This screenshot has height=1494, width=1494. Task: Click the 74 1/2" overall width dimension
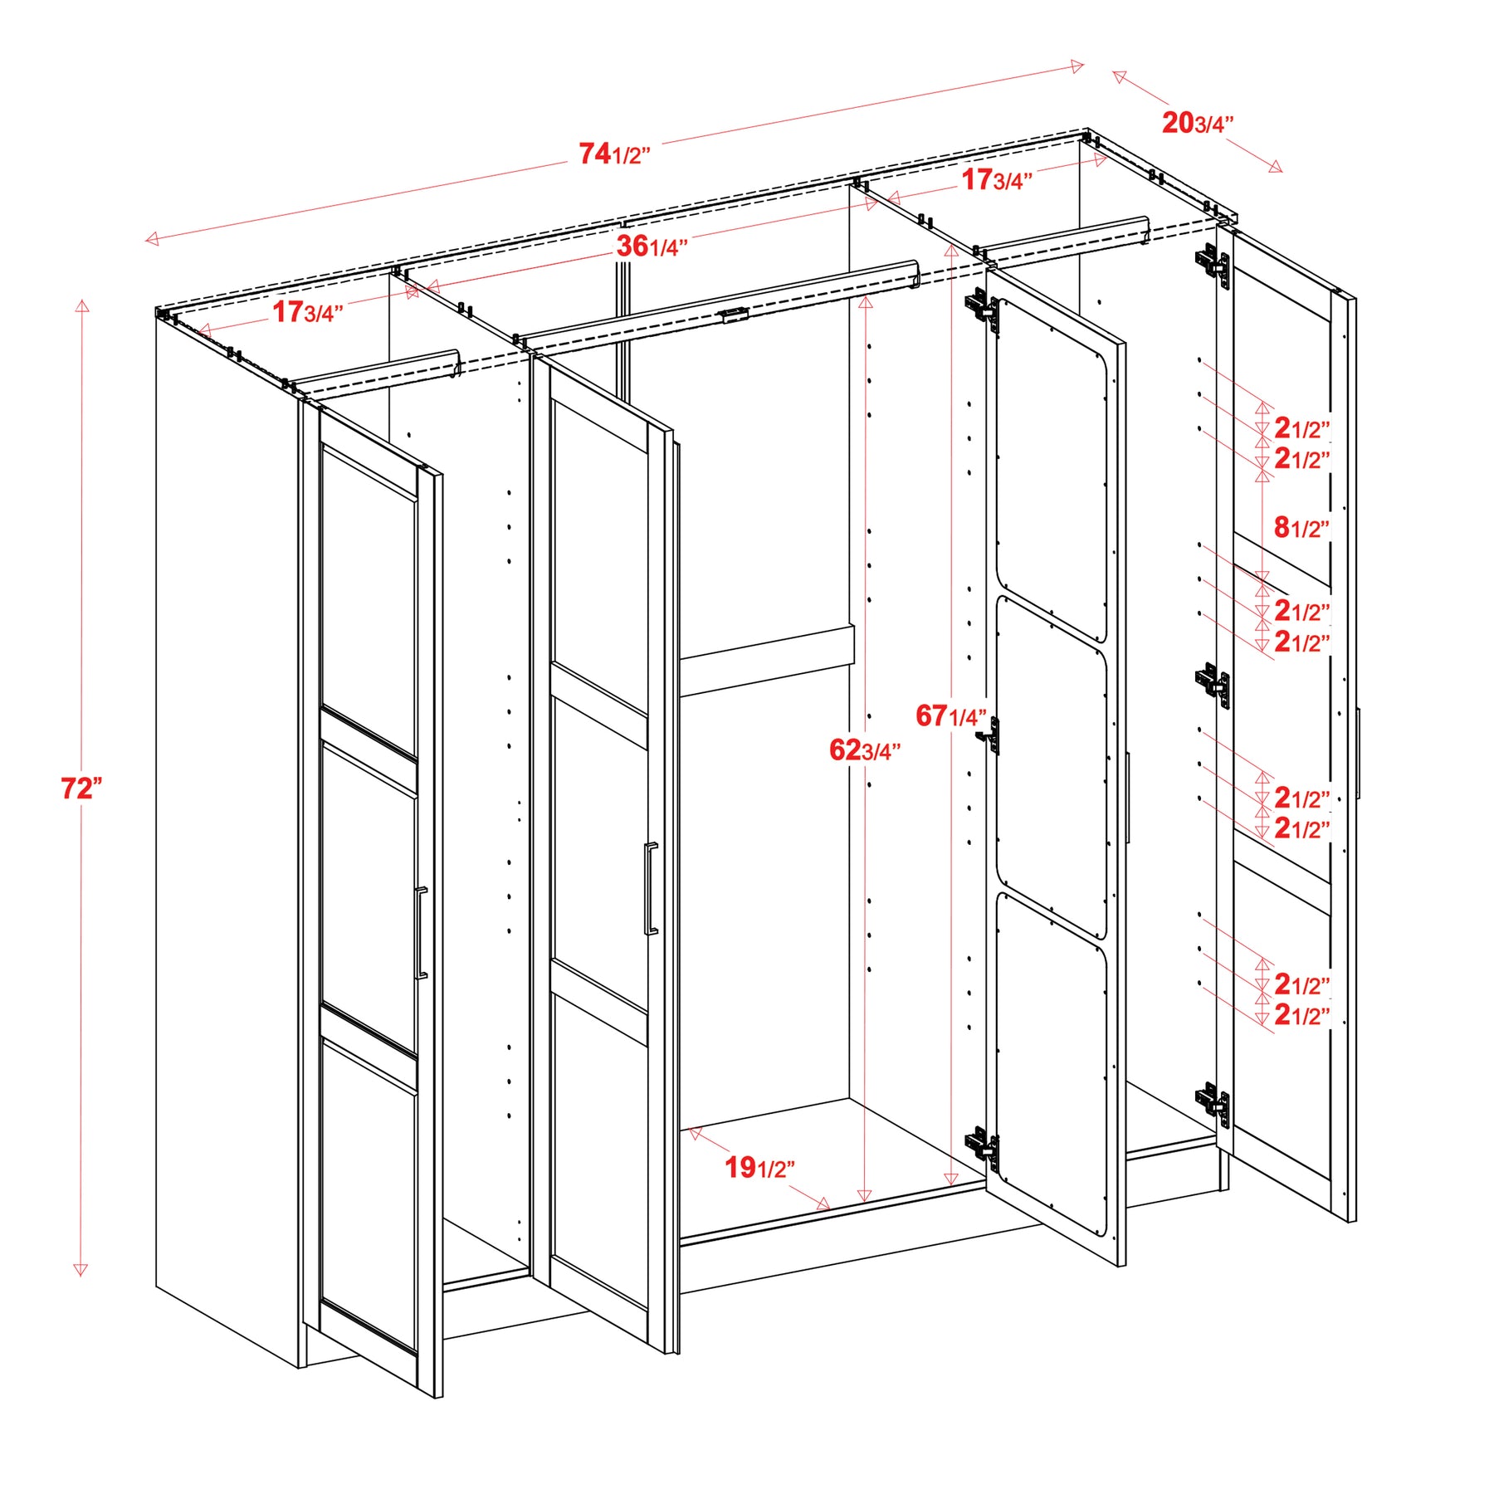pyautogui.click(x=614, y=154)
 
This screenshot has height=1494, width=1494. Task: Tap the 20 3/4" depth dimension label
pyautogui.click(x=1198, y=123)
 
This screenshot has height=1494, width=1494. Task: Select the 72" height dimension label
pyautogui.click(x=81, y=788)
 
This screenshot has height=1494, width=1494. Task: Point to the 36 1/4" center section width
pyautogui.click(x=652, y=247)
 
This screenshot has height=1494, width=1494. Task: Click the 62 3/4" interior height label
pyautogui.click(x=865, y=750)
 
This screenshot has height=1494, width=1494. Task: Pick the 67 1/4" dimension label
pyautogui.click(x=951, y=715)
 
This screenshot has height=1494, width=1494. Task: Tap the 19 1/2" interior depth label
pyautogui.click(x=760, y=1168)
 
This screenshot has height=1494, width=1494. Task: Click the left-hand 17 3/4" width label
pyautogui.click(x=308, y=312)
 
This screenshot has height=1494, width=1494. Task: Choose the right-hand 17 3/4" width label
pyautogui.click(x=997, y=179)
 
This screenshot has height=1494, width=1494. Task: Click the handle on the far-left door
pyautogui.click(x=421, y=933)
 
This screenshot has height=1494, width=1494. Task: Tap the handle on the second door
pyautogui.click(x=651, y=889)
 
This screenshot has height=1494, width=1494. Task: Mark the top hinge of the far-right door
pyautogui.click(x=1213, y=265)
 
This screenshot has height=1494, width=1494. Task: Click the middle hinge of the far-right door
pyautogui.click(x=1213, y=686)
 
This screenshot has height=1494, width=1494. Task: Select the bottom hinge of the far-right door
pyautogui.click(x=1213, y=1105)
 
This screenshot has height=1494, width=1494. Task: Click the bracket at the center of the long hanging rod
pyautogui.click(x=735, y=315)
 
